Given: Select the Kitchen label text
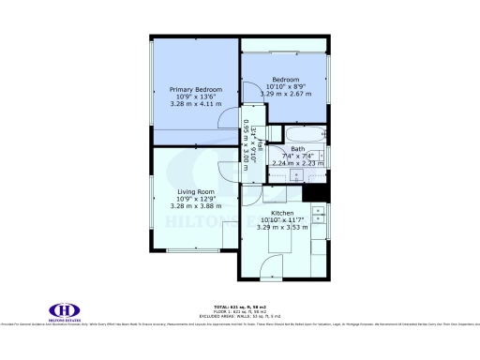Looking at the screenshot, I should (x=282, y=213).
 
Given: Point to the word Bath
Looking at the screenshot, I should (x=297, y=149).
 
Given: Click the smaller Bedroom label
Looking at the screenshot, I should (x=285, y=79).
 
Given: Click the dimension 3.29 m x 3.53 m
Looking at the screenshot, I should (x=282, y=227).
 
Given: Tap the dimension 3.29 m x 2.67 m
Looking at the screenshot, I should (x=285, y=94).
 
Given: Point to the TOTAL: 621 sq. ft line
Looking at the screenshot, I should (x=240, y=307).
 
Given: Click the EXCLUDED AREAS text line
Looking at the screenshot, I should (x=240, y=316).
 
